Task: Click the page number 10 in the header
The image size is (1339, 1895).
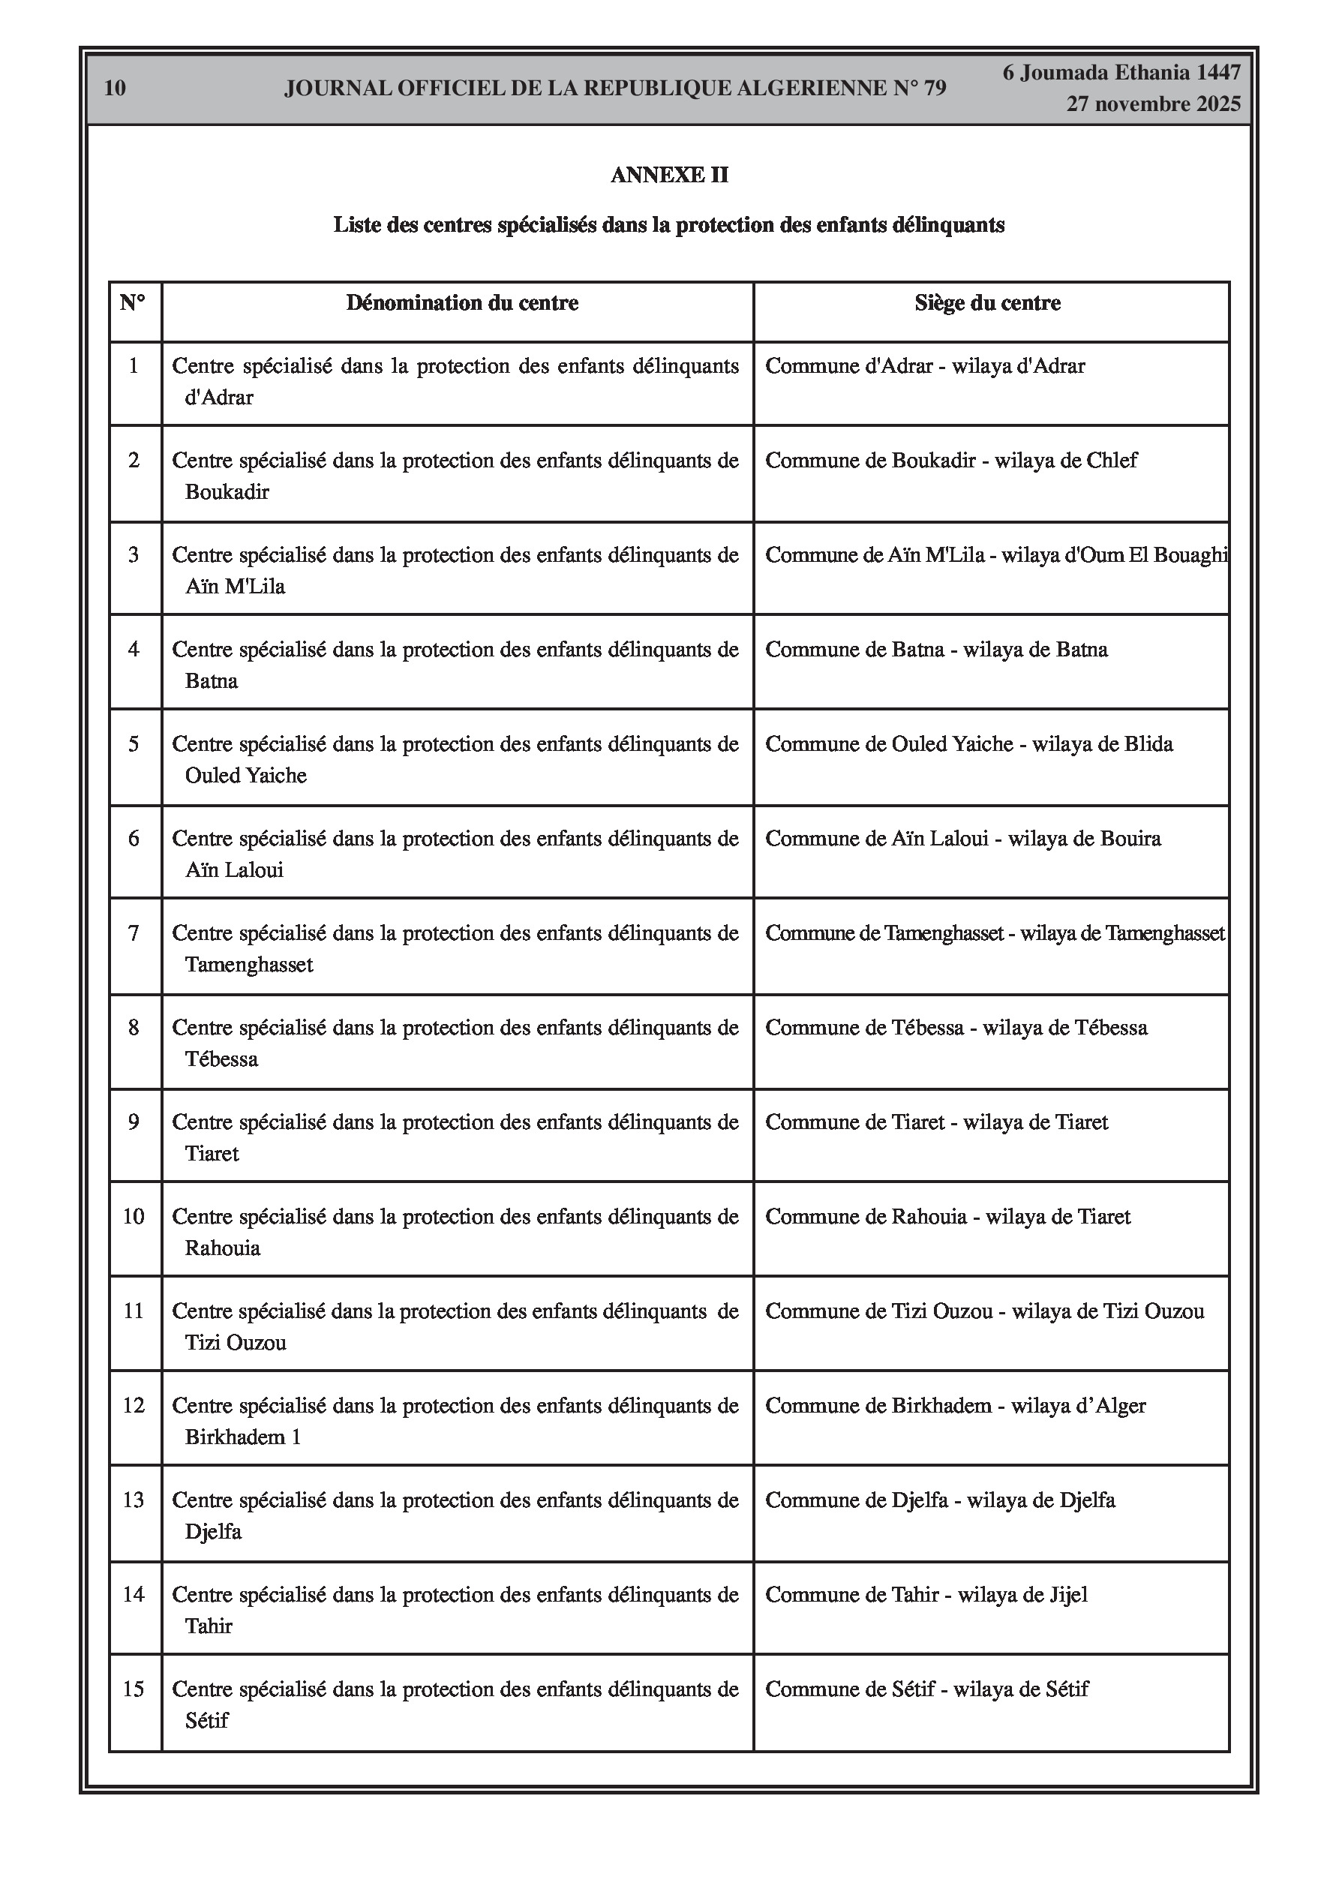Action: pyautogui.click(x=115, y=89)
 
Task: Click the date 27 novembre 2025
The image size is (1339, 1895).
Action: pyautogui.click(x=1152, y=104)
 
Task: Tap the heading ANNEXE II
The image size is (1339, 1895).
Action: pyautogui.click(x=668, y=175)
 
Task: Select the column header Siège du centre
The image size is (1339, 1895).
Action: pyautogui.click(x=987, y=303)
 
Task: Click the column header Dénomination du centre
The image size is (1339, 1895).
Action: pyautogui.click(x=461, y=303)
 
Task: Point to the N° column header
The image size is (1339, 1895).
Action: pyautogui.click(x=133, y=303)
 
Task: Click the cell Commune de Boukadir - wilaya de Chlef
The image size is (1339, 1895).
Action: pyautogui.click(x=951, y=461)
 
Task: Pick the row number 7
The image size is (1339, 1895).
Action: pyautogui.click(x=134, y=933)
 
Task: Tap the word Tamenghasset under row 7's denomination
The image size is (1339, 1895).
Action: pyautogui.click(x=248, y=965)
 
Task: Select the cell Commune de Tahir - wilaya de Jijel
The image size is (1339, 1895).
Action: pyautogui.click(x=926, y=1595)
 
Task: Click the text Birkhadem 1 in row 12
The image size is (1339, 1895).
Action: pyautogui.click(x=243, y=1437)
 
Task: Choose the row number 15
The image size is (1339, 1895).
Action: pyautogui.click(x=134, y=1689)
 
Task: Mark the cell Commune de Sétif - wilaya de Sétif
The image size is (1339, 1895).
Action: pyautogui.click(x=926, y=1689)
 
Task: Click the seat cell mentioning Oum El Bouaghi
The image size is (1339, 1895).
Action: pyautogui.click(x=995, y=554)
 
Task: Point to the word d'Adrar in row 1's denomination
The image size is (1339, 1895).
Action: pyautogui.click(x=219, y=398)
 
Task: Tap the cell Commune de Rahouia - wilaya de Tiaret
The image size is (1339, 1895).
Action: pyautogui.click(x=947, y=1217)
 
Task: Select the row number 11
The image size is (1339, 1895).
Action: pyautogui.click(x=134, y=1311)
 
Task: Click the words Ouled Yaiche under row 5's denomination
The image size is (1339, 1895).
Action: pyautogui.click(x=245, y=776)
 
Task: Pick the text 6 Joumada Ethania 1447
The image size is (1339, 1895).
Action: pyautogui.click(x=1121, y=73)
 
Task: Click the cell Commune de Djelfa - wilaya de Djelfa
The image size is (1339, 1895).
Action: pyautogui.click(x=939, y=1500)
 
